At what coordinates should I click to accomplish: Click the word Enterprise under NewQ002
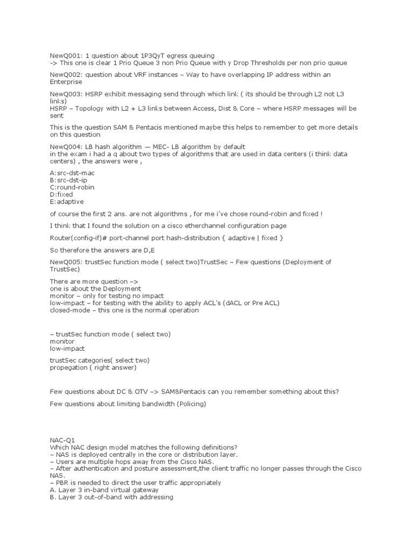pyautogui.click(x=66, y=82)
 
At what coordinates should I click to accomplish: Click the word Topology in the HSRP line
pyautogui.click(x=91, y=108)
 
